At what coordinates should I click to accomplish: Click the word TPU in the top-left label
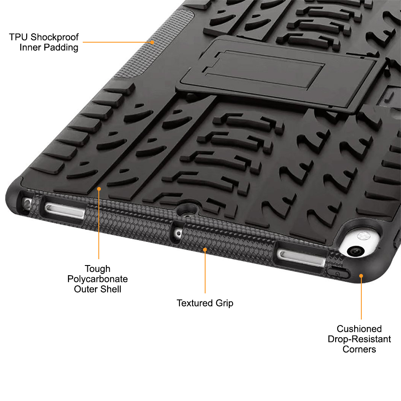19,37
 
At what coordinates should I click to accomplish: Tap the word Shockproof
54,37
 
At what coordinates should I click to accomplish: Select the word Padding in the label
62,47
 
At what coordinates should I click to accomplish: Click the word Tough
98,269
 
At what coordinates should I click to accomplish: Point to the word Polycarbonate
98,279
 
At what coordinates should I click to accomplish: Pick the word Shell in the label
111,289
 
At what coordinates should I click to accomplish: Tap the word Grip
224,303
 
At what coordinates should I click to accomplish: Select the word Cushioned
359,329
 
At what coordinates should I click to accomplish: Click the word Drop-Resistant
359,339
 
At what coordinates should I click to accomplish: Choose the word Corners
359,349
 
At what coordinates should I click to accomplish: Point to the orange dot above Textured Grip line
205,249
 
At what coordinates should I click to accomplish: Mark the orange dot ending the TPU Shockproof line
153,42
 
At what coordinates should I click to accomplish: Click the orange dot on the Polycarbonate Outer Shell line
99,189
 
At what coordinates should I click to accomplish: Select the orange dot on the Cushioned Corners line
361,276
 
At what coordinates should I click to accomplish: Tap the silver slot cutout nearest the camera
301,255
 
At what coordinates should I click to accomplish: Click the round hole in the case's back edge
186,209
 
